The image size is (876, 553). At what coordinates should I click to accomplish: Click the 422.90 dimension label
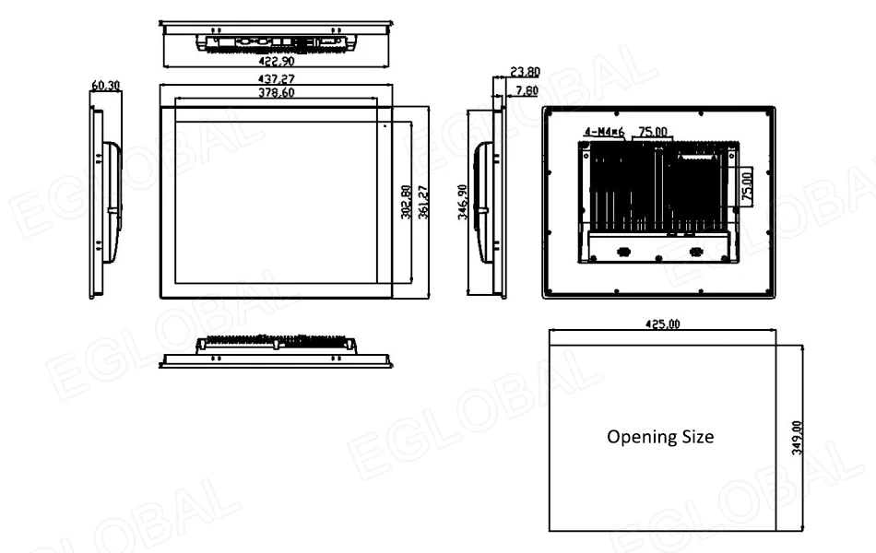278,63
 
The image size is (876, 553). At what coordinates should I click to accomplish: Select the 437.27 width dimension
278,79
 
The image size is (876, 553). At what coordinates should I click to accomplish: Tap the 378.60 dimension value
278,93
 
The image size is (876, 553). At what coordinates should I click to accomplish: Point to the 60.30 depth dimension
104,86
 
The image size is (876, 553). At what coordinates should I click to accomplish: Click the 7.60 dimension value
527,89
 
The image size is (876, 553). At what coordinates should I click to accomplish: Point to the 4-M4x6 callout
604,133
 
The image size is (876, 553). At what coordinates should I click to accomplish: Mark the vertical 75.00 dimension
746,185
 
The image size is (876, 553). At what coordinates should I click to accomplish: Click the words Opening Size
659,437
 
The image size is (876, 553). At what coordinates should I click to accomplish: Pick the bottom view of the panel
275,351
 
